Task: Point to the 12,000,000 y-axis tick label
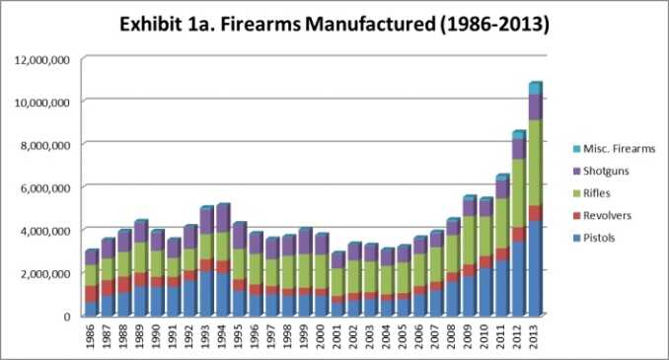[x=40, y=60]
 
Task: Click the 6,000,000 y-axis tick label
[x=43, y=187]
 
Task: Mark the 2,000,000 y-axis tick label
[x=43, y=273]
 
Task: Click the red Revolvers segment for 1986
[x=91, y=294]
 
